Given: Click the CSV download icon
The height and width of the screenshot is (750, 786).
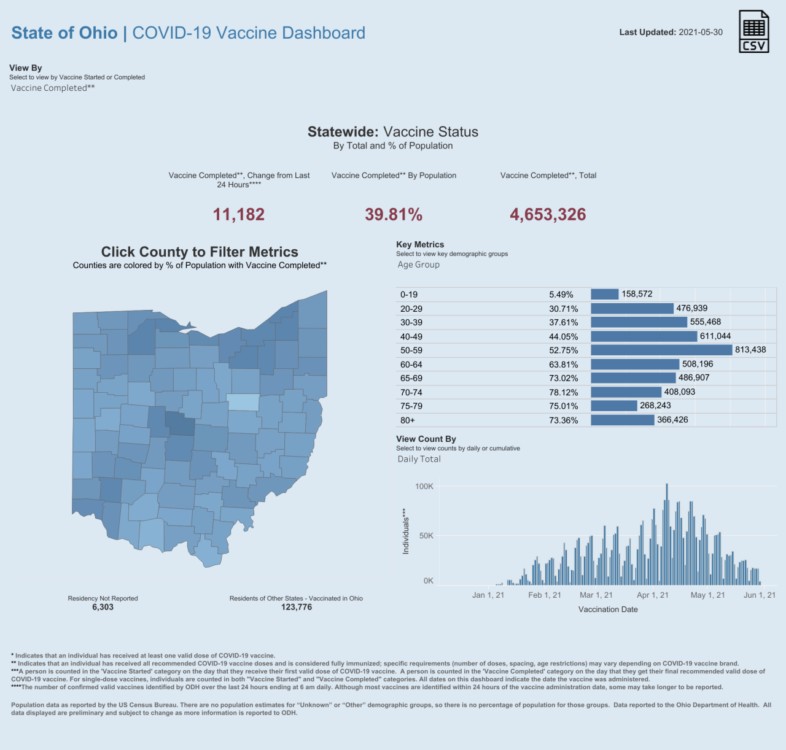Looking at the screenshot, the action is pyautogui.click(x=753, y=31).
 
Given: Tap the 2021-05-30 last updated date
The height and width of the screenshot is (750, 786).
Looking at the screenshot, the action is pyautogui.click(x=701, y=33).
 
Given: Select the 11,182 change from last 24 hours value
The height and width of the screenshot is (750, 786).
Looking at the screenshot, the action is pyautogui.click(x=239, y=214).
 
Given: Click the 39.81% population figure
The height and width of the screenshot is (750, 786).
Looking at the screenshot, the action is pyautogui.click(x=394, y=214).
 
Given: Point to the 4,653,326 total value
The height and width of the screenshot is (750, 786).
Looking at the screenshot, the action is pyautogui.click(x=548, y=214).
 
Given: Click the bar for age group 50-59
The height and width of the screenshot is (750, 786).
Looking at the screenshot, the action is pyautogui.click(x=661, y=350).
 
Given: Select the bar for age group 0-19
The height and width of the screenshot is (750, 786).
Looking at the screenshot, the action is pyautogui.click(x=605, y=294).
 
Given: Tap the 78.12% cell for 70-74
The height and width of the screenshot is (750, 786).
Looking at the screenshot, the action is pyautogui.click(x=564, y=392).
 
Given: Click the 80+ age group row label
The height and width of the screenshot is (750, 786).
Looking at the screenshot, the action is pyautogui.click(x=408, y=420).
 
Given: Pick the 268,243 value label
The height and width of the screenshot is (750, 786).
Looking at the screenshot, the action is pyautogui.click(x=655, y=406).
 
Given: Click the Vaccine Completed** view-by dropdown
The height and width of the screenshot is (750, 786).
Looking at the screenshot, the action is pyautogui.click(x=53, y=88).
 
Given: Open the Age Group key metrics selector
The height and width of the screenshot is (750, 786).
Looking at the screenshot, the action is pyautogui.click(x=418, y=265).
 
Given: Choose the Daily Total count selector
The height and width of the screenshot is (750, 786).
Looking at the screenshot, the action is pyautogui.click(x=419, y=459).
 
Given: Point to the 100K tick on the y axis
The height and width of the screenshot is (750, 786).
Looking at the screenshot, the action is pyautogui.click(x=424, y=487).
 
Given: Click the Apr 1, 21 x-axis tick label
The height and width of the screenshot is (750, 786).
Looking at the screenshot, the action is pyautogui.click(x=653, y=595).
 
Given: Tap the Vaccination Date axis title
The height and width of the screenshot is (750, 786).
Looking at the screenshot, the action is pyautogui.click(x=608, y=609).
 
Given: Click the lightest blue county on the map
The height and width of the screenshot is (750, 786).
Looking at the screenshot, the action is pyautogui.click(x=243, y=402).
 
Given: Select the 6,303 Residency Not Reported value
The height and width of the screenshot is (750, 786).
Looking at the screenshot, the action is pyautogui.click(x=103, y=607).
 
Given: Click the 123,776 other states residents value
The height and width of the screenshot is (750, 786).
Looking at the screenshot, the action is pyautogui.click(x=297, y=607).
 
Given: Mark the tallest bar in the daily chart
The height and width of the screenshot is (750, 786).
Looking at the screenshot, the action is pyautogui.click(x=667, y=534).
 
